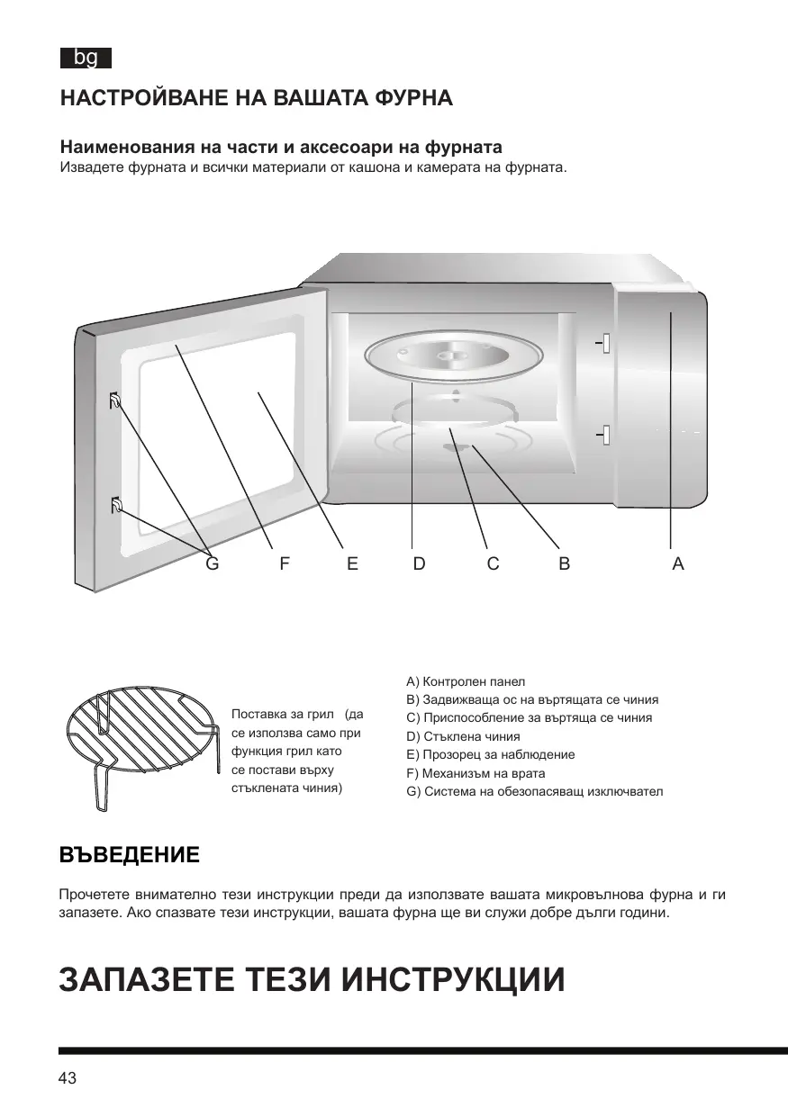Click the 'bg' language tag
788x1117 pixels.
pyautogui.click(x=86, y=59)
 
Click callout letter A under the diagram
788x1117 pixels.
pyautogui.click(x=678, y=563)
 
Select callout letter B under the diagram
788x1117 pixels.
pyautogui.click(x=564, y=563)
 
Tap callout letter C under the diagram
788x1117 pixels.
pyautogui.click(x=493, y=563)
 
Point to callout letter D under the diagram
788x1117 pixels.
pyautogui.click(x=419, y=563)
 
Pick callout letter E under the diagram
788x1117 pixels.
pyautogui.click(x=352, y=563)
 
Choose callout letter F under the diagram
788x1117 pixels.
pyautogui.click(x=285, y=563)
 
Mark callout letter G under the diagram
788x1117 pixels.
pyautogui.click(x=213, y=563)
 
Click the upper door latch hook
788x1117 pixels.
pyautogui.click(x=115, y=401)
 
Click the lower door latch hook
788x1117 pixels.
pyautogui.click(x=115, y=506)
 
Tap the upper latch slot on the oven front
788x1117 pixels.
pyautogui.click(x=604, y=343)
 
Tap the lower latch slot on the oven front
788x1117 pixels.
pyautogui.click(x=604, y=435)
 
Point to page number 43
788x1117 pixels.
pyautogui.click(x=68, y=1078)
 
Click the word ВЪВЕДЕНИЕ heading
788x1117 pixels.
pyautogui.click(x=129, y=854)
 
